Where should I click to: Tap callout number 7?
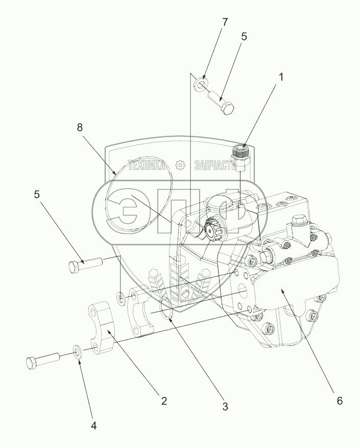pos(210,23)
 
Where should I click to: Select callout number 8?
pos(80,128)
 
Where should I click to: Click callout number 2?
pos(164,401)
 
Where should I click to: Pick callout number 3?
pos(224,407)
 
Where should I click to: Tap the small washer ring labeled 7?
pos(201,83)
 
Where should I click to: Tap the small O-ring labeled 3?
pos(166,310)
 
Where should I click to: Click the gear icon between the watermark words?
pos(180,165)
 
